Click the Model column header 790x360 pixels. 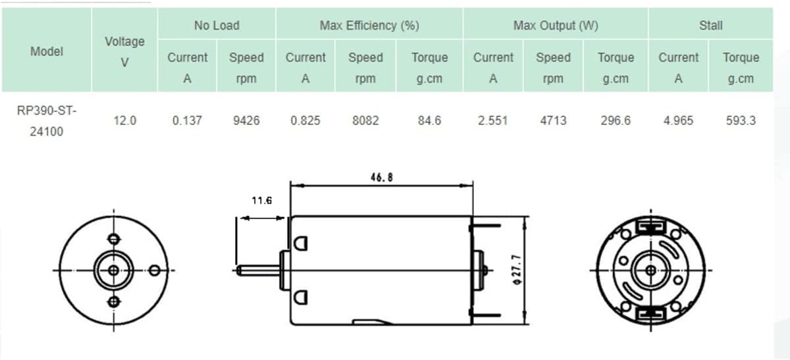(x=47, y=51)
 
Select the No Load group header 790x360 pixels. (x=217, y=26)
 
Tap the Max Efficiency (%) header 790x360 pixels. (x=369, y=26)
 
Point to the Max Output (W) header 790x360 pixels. (x=556, y=26)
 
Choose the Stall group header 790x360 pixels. (x=710, y=26)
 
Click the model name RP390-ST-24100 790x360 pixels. (x=47, y=121)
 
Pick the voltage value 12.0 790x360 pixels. (x=124, y=120)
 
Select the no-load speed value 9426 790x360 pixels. (x=246, y=120)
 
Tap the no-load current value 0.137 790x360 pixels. (x=187, y=120)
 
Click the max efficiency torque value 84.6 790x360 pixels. (x=429, y=120)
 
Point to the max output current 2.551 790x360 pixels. (x=492, y=120)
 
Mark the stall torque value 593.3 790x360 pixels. (x=741, y=120)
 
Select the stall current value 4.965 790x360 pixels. (x=678, y=120)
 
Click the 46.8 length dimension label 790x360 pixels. (x=382, y=177)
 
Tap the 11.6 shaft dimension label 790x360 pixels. (x=262, y=201)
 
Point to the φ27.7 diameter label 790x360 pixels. (x=517, y=270)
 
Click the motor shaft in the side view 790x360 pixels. (x=259, y=270)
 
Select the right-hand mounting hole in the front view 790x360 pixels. (x=155, y=270)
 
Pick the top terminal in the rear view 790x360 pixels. (x=650, y=226)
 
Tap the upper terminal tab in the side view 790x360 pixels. (x=486, y=226)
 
